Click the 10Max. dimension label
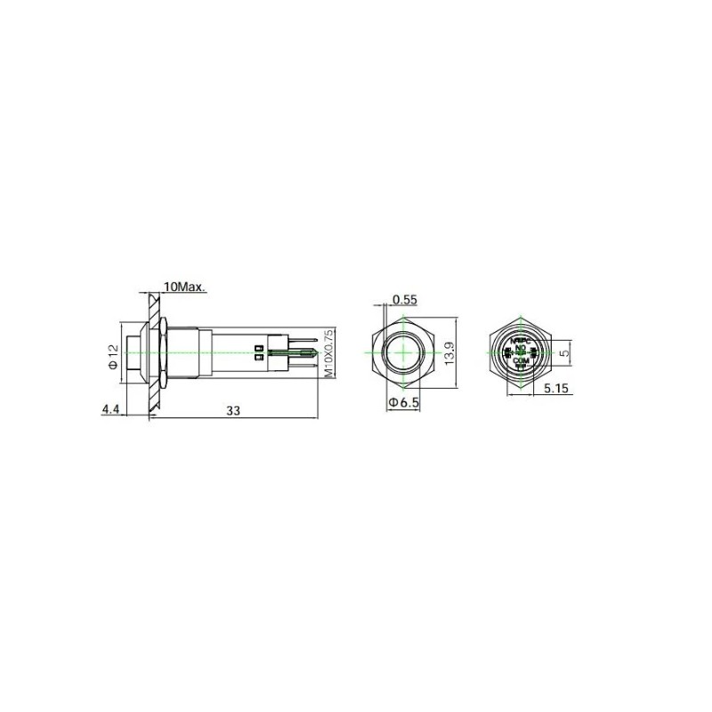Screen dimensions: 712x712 185,287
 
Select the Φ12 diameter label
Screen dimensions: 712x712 113,357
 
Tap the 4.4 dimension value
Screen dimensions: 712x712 111,409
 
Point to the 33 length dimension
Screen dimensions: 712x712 233,410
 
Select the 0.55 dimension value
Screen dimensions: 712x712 404,300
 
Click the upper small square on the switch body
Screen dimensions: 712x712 258,346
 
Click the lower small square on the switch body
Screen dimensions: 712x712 258,358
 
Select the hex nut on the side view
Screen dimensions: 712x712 166,352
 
